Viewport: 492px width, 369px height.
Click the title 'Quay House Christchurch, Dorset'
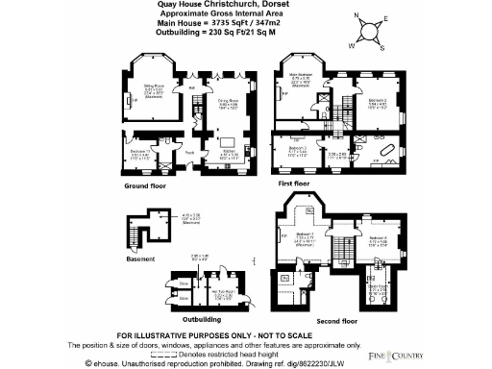pyautogui.click(x=246, y=5)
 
